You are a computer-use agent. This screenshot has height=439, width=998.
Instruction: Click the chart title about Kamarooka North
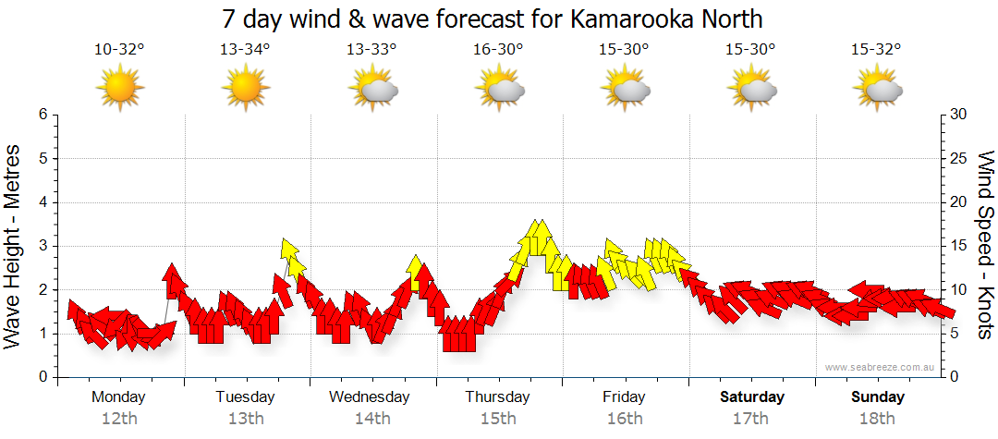tap(493, 18)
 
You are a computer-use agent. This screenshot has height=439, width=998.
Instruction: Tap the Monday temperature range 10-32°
tap(119, 50)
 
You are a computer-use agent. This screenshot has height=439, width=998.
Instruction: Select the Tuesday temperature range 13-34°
tap(245, 50)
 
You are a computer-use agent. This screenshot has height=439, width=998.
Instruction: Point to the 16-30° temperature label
tap(498, 50)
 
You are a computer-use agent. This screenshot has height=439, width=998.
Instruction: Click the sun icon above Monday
tap(119, 90)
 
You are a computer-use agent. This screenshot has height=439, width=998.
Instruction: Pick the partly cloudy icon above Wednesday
tap(372, 90)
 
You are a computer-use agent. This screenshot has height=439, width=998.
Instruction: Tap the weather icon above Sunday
tap(878, 90)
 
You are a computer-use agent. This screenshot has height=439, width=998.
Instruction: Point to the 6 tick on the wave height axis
tap(42, 115)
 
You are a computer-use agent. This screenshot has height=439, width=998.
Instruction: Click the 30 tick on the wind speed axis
tap(958, 115)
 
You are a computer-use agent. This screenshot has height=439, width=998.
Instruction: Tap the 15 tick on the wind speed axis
tap(958, 246)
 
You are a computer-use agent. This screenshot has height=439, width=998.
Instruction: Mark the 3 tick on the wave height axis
tap(42, 246)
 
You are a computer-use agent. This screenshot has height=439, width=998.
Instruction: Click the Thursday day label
tap(498, 397)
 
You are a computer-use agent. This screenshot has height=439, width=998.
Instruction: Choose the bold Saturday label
tap(751, 397)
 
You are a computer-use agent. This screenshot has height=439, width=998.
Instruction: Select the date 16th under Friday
tap(625, 419)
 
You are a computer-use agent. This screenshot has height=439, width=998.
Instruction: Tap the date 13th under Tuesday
tap(245, 419)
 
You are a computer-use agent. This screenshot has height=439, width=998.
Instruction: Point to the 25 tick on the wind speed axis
tap(958, 158)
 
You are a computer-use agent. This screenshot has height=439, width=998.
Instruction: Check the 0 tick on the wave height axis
tap(42, 377)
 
